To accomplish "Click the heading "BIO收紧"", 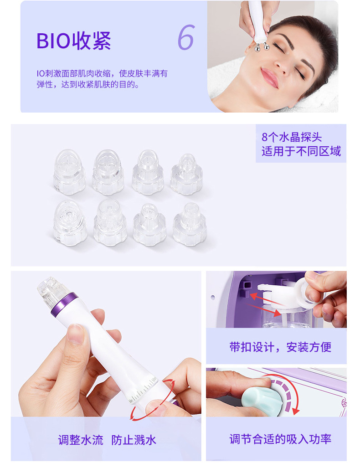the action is click(x=73, y=41).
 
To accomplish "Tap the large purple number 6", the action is click(x=186, y=38).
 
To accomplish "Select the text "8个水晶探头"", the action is click(x=292, y=137).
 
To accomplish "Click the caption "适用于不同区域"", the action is click(x=301, y=151).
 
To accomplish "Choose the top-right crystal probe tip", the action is click(x=186, y=174).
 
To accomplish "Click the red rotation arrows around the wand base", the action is click(x=152, y=400).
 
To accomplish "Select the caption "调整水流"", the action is click(x=81, y=440).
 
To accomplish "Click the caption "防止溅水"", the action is click(x=134, y=440).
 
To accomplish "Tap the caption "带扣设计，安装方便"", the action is click(x=280, y=347).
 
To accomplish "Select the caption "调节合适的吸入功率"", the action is click(x=280, y=439).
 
